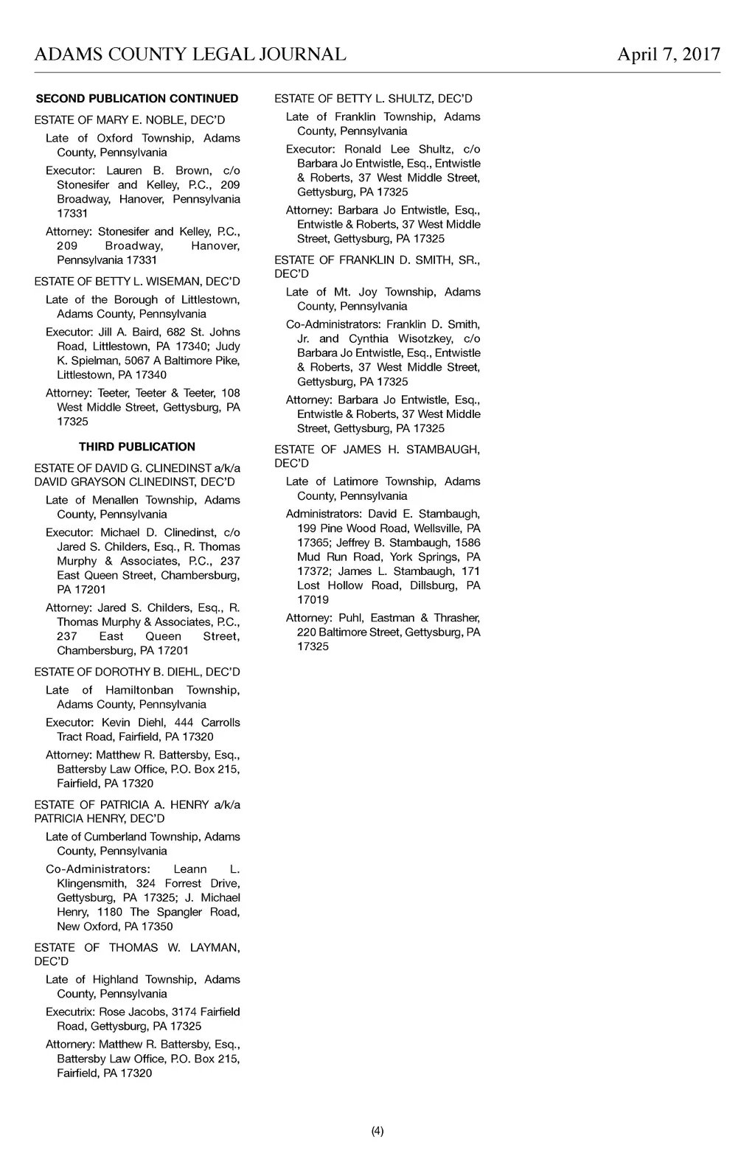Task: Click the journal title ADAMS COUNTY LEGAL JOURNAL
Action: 190,55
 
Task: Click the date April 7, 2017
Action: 668,55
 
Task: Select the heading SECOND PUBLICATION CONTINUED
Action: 137,99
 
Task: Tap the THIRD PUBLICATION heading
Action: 137,447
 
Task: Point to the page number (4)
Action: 377,1131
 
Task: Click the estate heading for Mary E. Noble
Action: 130,120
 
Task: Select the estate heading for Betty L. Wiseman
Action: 137,282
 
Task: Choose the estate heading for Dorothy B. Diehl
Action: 137,672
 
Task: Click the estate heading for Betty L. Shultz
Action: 373,99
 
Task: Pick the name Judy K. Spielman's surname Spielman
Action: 97,360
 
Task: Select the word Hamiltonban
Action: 139,691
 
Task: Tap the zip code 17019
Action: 313,600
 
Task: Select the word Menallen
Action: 115,501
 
